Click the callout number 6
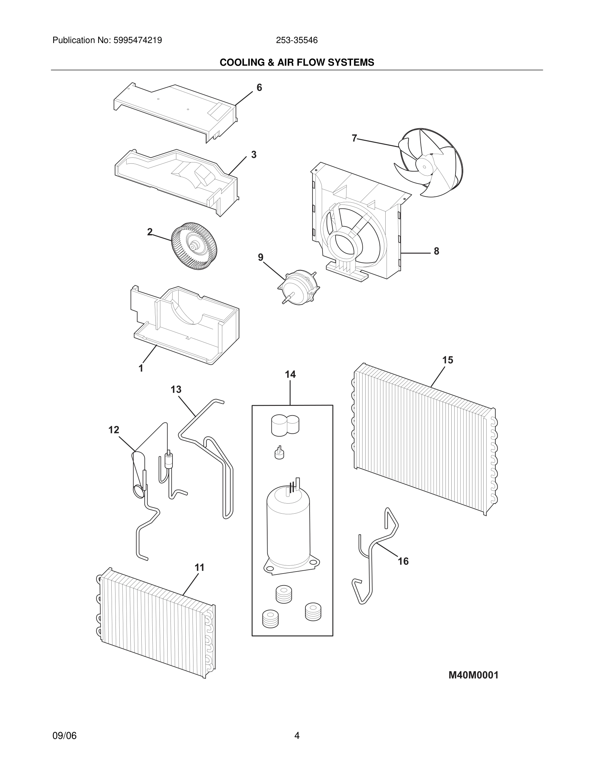(x=259, y=88)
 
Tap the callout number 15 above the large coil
(x=448, y=360)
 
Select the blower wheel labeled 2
(x=194, y=246)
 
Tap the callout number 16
(x=403, y=561)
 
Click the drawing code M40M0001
(x=473, y=675)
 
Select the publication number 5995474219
(x=137, y=40)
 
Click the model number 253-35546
(x=297, y=40)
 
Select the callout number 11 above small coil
(x=200, y=568)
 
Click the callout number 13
(x=176, y=389)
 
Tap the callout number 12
(x=114, y=430)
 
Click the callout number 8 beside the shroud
(x=436, y=251)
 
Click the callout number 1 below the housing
(x=141, y=369)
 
